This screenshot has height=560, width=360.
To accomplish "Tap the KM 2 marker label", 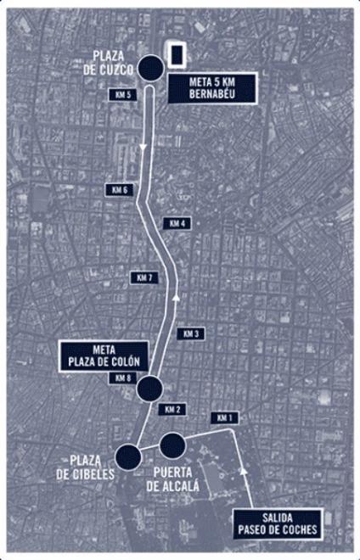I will click(174, 409).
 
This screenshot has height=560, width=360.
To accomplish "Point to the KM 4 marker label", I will click(177, 223).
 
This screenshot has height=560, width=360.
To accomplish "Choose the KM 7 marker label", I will click(144, 278).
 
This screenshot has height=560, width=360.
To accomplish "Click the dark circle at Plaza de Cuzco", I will click(151, 67).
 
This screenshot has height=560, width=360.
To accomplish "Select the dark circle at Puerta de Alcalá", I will click(172, 445).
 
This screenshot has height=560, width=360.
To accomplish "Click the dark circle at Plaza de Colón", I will click(150, 389).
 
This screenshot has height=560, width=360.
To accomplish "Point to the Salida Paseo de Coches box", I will click(278, 524).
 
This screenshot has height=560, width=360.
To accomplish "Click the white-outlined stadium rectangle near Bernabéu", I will click(177, 55).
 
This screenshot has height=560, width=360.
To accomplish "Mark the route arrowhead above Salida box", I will click(245, 468).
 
